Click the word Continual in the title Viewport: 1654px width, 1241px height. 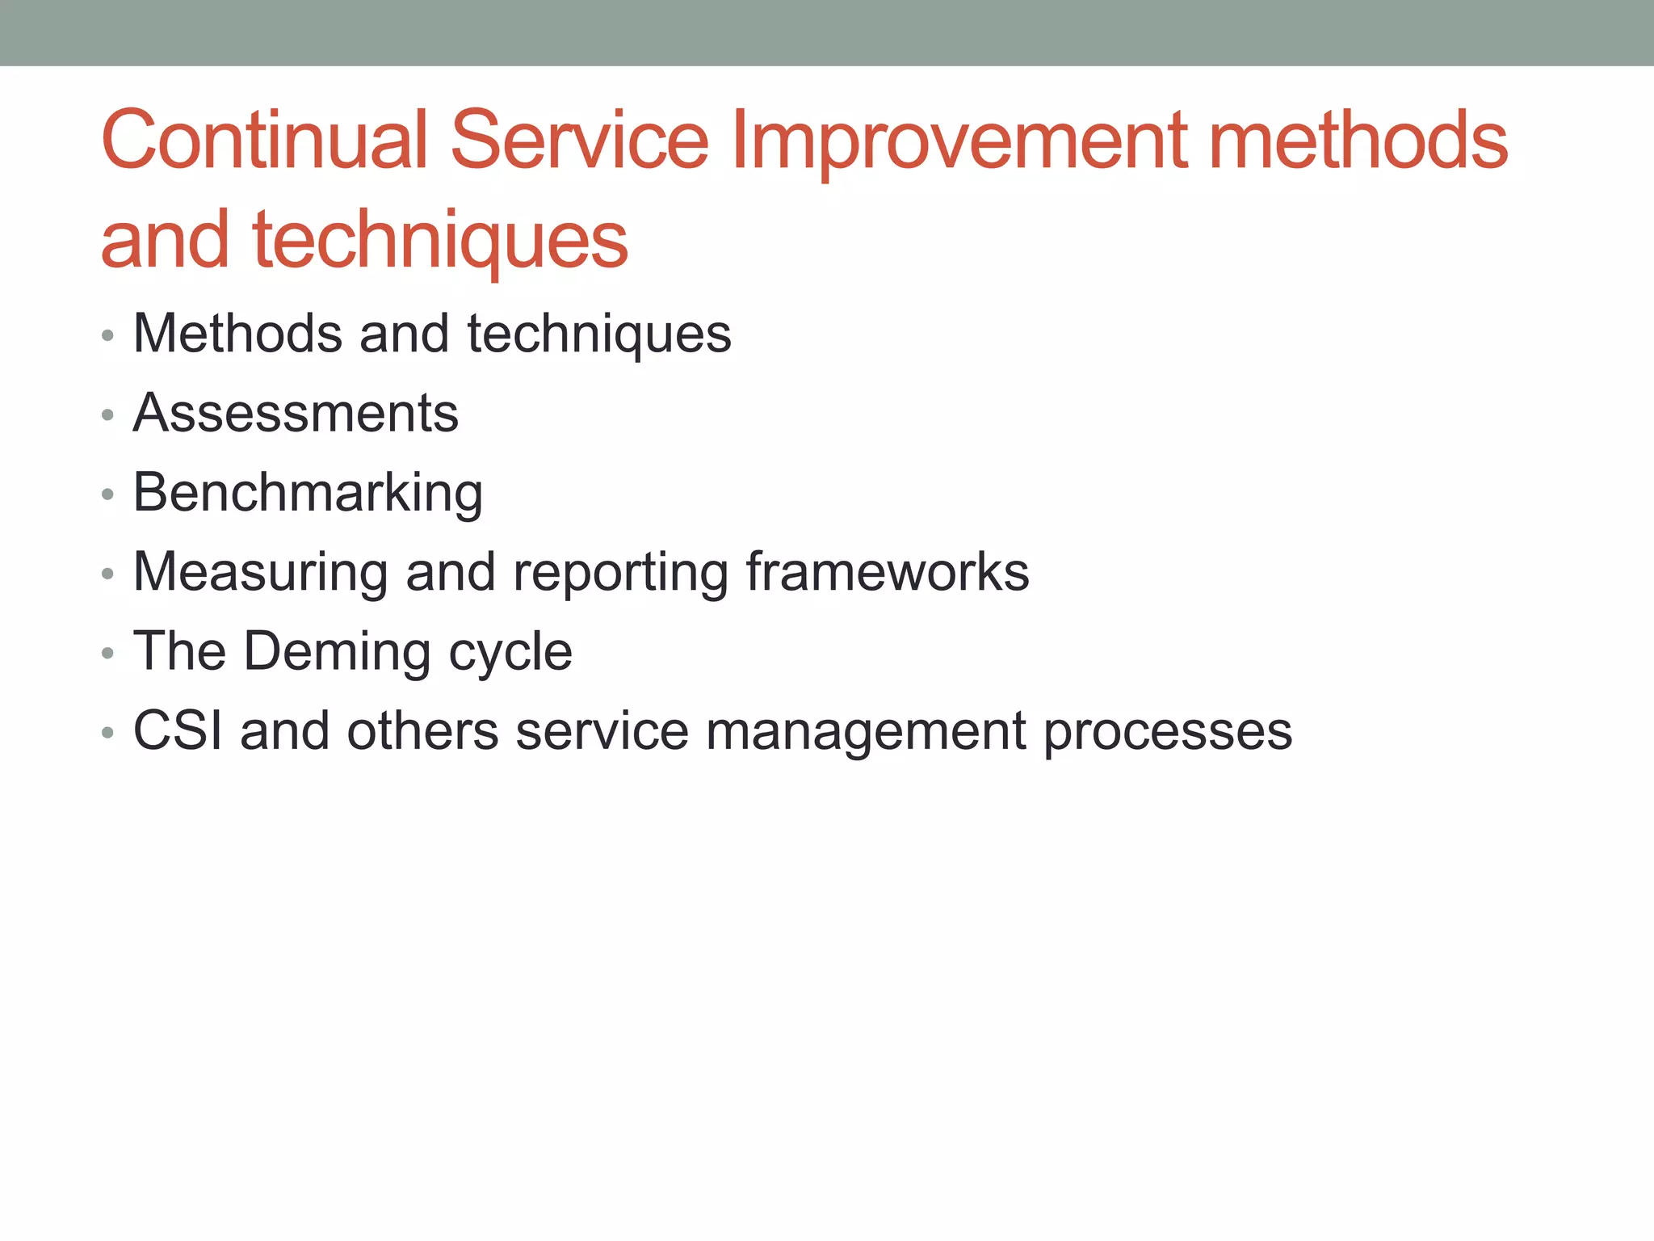[x=263, y=141]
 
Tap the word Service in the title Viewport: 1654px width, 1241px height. [x=579, y=141]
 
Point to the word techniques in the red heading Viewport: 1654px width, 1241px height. [x=440, y=240]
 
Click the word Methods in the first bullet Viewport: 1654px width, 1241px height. [x=237, y=333]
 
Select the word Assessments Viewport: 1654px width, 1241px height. [x=296, y=413]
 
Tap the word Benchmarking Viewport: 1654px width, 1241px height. [x=308, y=493]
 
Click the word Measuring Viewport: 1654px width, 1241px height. [x=260, y=572]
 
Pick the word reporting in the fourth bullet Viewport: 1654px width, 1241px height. [x=619, y=572]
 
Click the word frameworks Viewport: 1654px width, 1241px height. [x=887, y=572]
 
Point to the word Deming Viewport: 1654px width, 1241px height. [x=337, y=651]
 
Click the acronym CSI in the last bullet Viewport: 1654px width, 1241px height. [x=178, y=731]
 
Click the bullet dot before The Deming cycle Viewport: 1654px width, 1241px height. [x=108, y=654]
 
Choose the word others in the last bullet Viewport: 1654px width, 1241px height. [x=422, y=731]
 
